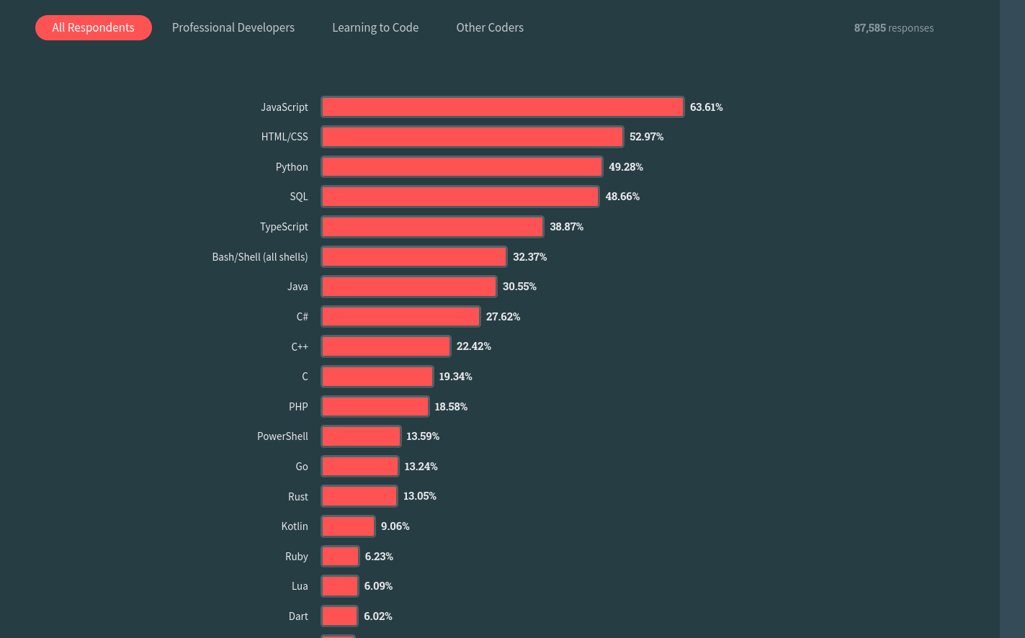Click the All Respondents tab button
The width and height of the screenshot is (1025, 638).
(94, 27)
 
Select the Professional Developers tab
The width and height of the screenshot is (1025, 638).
(233, 27)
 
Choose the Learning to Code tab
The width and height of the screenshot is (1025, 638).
(375, 27)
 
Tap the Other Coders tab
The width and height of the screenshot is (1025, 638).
(490, 27)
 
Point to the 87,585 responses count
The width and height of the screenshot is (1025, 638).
(893, 28)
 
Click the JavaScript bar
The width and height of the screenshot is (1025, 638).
(502, 107)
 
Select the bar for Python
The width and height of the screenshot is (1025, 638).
(462, 167)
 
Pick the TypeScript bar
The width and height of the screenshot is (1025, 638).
(432, 227)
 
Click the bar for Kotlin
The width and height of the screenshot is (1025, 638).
(348, 526)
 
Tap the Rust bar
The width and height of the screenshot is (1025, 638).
(359, 496)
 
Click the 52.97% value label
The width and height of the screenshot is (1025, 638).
(646, 137)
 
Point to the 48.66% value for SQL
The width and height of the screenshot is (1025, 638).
(622, 197)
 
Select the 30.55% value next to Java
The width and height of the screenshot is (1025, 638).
(519, 287)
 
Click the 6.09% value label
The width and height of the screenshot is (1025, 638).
(378, 586)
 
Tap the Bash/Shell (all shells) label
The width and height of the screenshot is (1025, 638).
(260, 257)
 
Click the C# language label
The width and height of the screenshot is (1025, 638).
(302, 317)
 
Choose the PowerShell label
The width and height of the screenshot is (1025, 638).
(282, 436)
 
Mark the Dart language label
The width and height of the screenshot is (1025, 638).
(298, 616)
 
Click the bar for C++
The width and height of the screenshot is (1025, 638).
(385, 346)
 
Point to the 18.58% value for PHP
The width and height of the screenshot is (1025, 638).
(451, 407)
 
